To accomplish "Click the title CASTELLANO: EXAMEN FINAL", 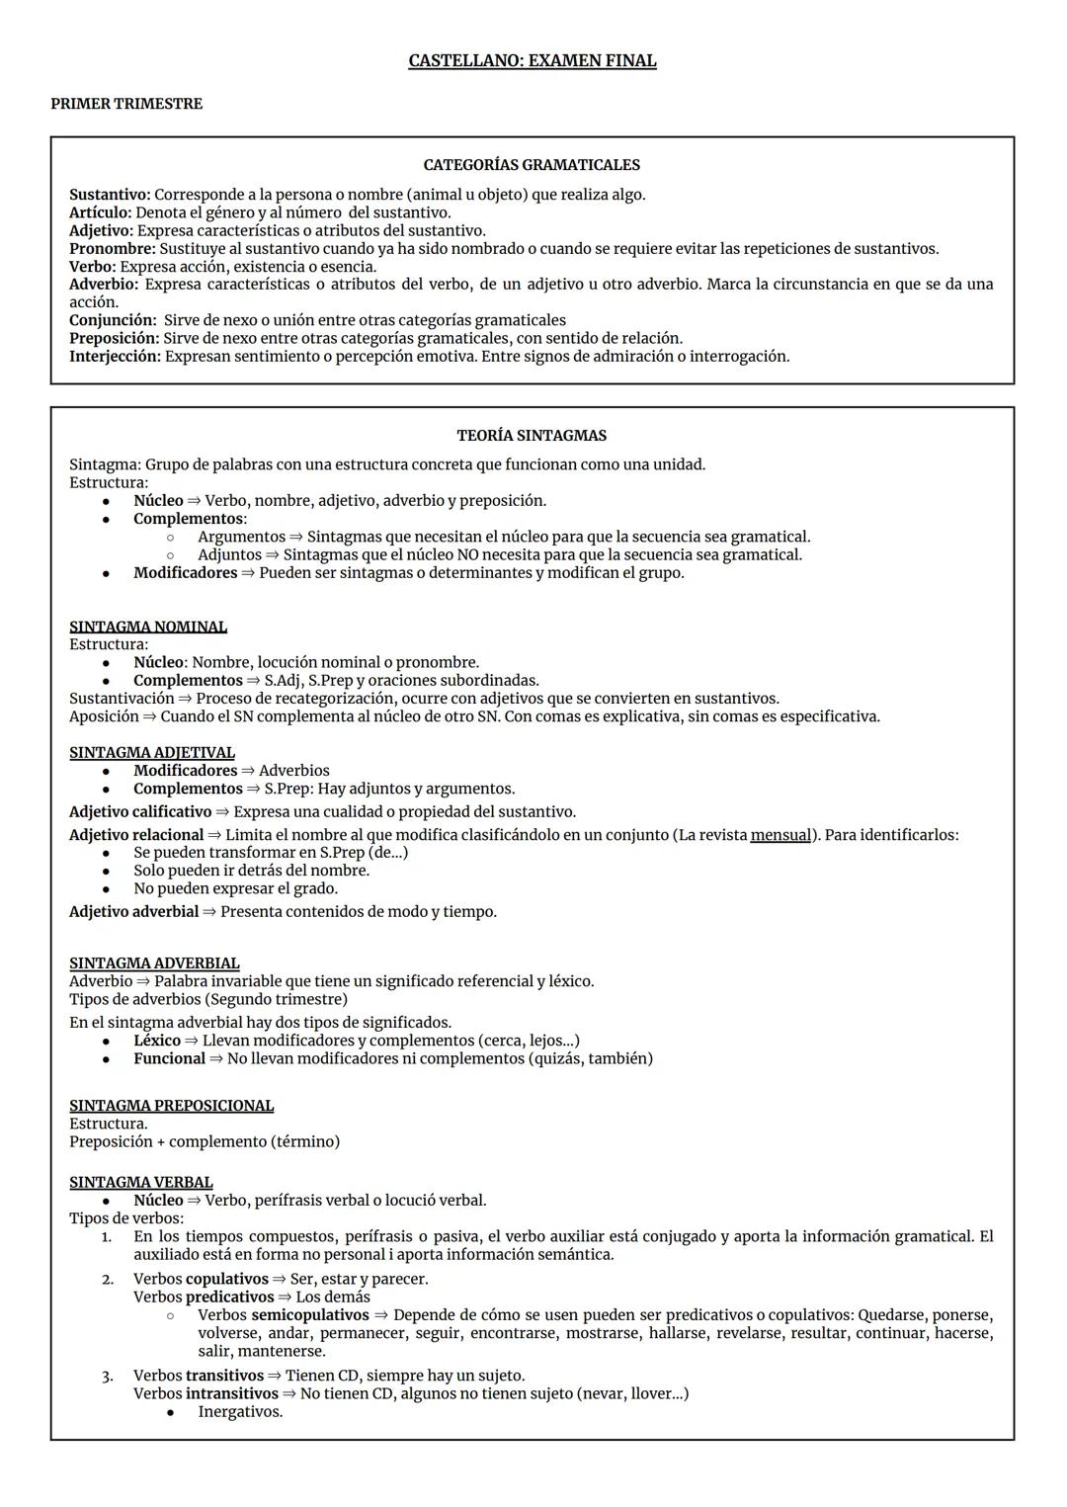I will click(x=532, y=61).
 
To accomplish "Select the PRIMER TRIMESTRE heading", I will click(x=126, y=104).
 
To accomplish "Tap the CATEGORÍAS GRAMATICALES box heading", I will click(x=532, y=165).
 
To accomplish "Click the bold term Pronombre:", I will click(x=112, y=249).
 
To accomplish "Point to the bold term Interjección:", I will click(x=115, y=356).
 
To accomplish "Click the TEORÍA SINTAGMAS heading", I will click(x=532, y=435).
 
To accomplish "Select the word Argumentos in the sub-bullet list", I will click(x=241, y=537).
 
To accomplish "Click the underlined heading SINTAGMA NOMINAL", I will click(x=148, y=627).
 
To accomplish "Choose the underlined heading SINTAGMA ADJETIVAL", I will click(x=152, y=752).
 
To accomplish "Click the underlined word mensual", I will click(x=780, y=835).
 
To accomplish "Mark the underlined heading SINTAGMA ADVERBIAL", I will click(x=154, y=963).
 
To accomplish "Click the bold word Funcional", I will click(x=169, y=1058).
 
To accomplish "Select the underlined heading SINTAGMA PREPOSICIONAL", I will click(x=171, y=1105).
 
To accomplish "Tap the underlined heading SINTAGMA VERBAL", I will click(x=141, y=1182).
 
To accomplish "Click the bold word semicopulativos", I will click(x=310, y=1315).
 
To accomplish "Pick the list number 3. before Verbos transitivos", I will click(x=108, y=1376).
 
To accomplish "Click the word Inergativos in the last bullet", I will click(x=240, y=1411).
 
